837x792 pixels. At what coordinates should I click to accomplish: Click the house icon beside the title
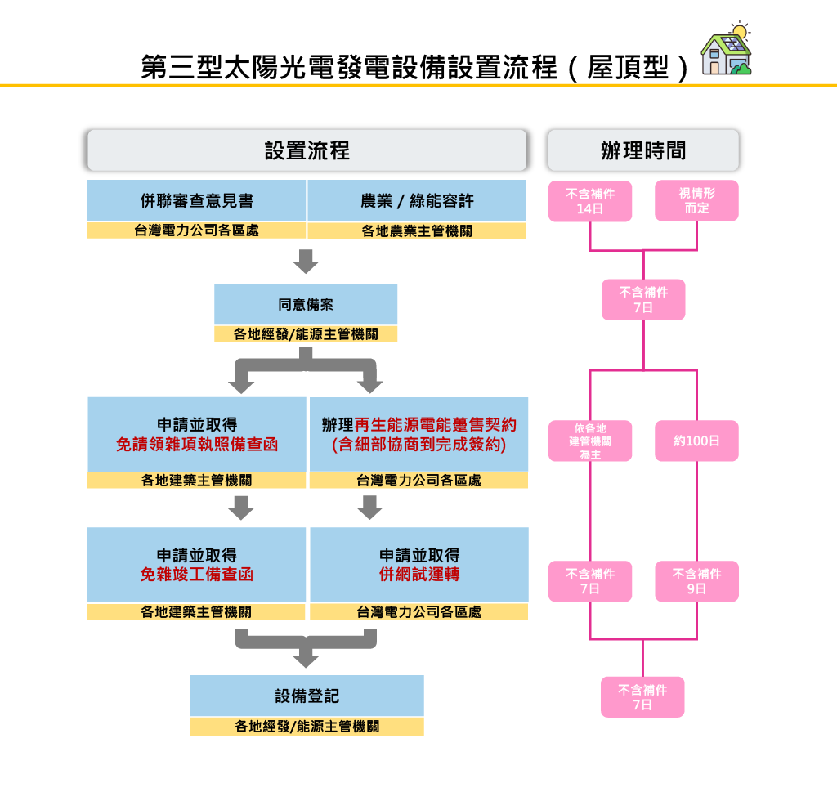tap(727, 51)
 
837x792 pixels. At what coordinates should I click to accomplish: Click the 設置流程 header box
tap(307, 150)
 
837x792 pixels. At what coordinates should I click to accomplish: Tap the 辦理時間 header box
tap(642, 150)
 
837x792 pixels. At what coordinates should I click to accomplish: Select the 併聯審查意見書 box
tap(197, 200)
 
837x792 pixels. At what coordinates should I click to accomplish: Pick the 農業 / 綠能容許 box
tap(417, 200)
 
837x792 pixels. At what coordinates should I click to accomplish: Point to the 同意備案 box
tap(306, 304)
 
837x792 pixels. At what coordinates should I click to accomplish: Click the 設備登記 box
tap(307, 696)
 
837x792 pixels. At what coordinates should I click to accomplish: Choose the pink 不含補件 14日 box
tap(590, 201)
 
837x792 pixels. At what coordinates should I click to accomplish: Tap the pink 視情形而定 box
tap(696, 201)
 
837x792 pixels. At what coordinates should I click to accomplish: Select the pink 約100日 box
tap(696, 441)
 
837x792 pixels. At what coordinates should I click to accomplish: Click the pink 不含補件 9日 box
tap(696, 581)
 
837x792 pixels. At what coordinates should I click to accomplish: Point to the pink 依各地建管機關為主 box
tap(590, 441)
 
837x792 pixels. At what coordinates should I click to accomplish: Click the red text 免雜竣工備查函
tap(196, 575)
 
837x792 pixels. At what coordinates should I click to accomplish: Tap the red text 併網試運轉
tap(418, 575)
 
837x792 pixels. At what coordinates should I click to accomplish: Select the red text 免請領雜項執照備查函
tap(197, 445)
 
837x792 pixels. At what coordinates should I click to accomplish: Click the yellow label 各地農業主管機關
tap(417, 231)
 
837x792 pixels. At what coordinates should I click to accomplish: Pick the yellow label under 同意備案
tap(306, 334)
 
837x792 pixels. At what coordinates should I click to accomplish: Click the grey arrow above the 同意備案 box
tap(306, 262)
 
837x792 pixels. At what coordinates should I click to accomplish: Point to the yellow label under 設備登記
tap(307, 727)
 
